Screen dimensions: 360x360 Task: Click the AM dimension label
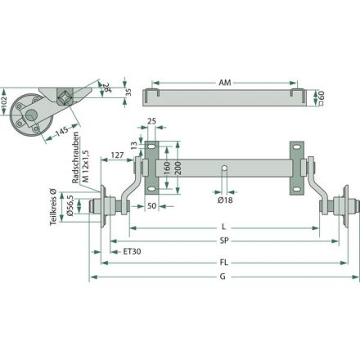tap(225, 83)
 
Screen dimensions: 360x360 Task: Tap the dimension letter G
tap(223, 277)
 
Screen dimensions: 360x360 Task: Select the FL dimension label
tap(223, 263)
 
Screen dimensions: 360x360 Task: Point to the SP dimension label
tap(224, 241)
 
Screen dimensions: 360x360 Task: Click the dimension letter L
tap(223, 227)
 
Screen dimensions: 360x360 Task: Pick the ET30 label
tap(132, 251)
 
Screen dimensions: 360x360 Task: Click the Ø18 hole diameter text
tap(225, 200)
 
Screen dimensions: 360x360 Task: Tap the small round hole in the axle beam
tap(224, 168)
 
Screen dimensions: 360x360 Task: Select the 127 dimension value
tap(117, 155)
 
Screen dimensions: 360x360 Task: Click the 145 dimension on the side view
tap(62, 132)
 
